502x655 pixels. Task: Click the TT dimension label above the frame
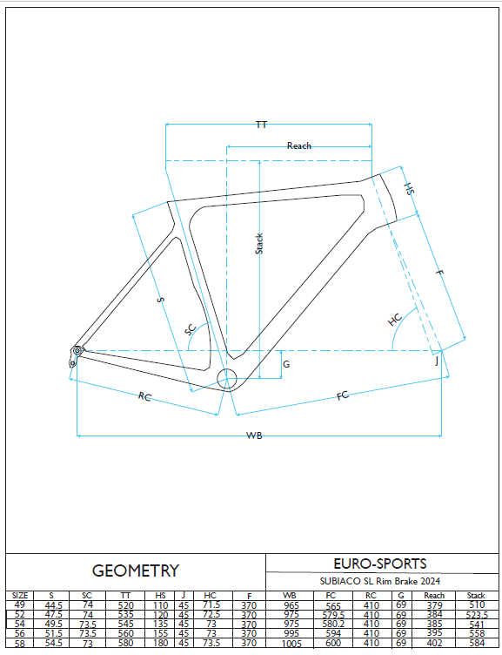(261, 125)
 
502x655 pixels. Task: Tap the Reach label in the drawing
(298, 145)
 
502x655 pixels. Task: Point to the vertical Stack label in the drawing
(259, 244)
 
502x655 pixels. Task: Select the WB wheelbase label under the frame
(254, 436)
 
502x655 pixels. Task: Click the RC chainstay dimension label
(144, 396)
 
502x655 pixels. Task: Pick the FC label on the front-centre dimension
(343, 395)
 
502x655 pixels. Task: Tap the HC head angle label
(395, 320)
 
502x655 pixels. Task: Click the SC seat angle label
(191, 329)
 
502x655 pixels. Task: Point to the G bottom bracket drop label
(286, 364)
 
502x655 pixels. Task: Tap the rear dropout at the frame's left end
(75, 356)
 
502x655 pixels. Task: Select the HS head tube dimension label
(410, 188)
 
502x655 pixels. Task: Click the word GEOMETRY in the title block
(136, 571)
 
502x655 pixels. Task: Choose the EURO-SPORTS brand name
(380, 564)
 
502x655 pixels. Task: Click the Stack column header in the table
(476, 595)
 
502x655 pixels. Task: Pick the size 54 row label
(20, 624)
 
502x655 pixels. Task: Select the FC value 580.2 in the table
(333, 624)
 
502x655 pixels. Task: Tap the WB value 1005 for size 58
(291, 644)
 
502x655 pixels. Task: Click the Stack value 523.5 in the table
(477, 615)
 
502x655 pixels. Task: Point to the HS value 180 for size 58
(161, 643)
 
